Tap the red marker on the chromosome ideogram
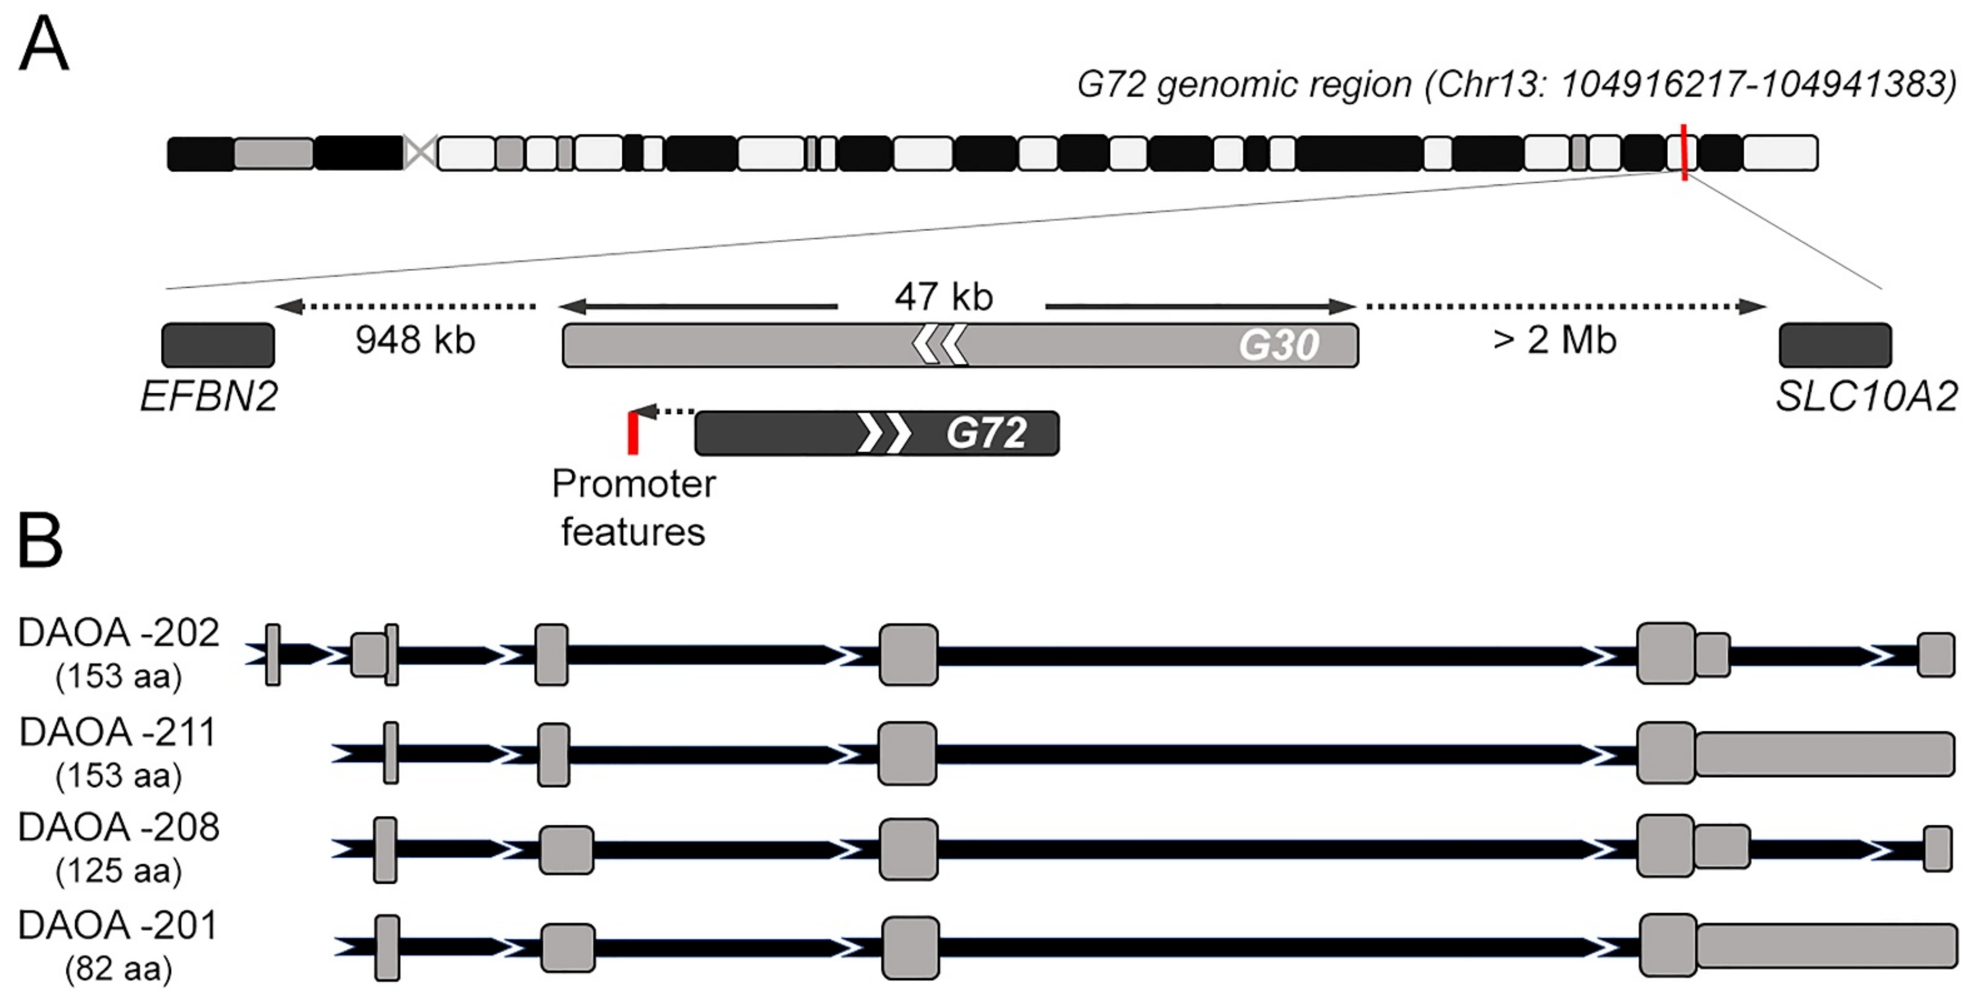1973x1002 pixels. tap(1684, 152)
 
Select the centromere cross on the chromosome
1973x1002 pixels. tap(420, 152)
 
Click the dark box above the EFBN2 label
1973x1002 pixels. tap(218, 345)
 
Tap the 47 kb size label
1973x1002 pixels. tap(943, 296)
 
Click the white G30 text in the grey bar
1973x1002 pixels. tap(1279, 345)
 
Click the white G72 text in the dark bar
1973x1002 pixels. tap(986, 433)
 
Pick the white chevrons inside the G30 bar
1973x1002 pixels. tap(940, 345)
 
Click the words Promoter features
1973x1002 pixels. tap(633, 507)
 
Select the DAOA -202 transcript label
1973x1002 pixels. tap(119, 633)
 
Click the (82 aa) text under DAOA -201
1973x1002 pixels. tap(119, 969)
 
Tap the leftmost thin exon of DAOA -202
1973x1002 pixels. tap(273, 654)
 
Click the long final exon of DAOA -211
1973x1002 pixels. tap(1825, 754)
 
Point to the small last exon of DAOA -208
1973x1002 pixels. tap(1938, 848)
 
